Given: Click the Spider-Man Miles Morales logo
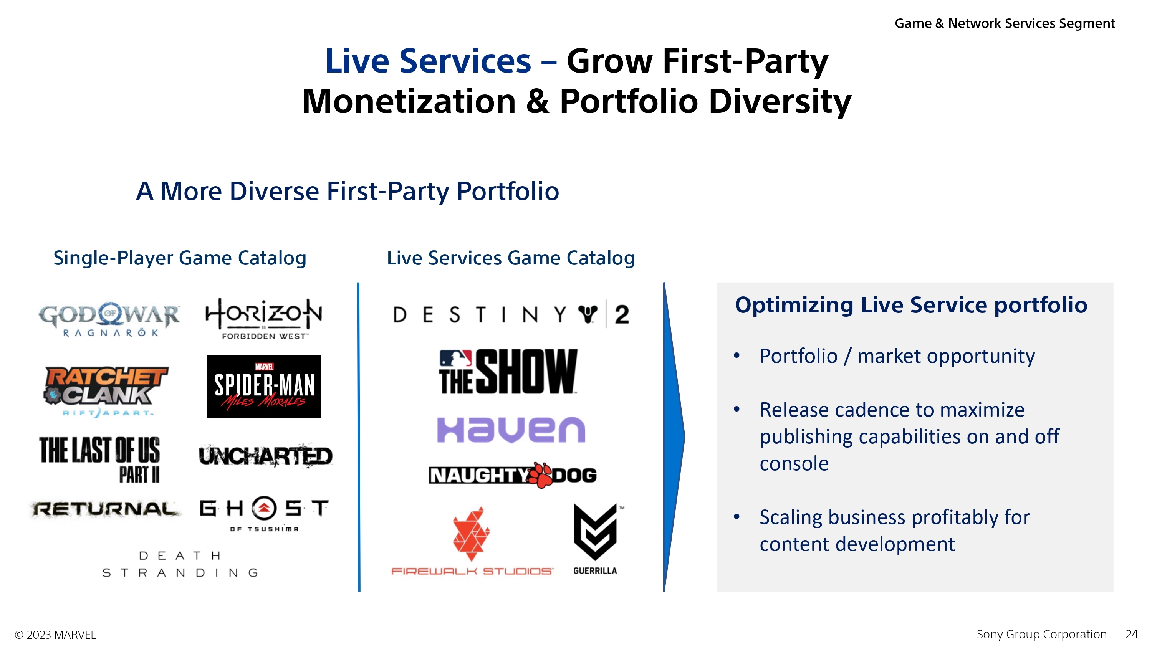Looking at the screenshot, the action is (x=264, y=387).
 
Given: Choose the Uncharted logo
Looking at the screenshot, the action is (x=266, y=456).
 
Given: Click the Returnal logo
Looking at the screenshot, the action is (x=105, y=509).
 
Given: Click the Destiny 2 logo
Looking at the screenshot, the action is (x=511, y=315).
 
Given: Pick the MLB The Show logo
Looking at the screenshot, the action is (x=508, y=372).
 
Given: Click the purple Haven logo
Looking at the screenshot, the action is (x=511, y=430).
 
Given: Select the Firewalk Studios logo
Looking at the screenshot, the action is (x=472, y=541).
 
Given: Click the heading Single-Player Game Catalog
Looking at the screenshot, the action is (x=180, y=258).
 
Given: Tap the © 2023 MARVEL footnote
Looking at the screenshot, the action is (x=55, y=635).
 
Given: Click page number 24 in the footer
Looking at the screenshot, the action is (x=1131, y=634).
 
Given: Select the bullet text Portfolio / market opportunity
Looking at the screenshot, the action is (x=897, y=356).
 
